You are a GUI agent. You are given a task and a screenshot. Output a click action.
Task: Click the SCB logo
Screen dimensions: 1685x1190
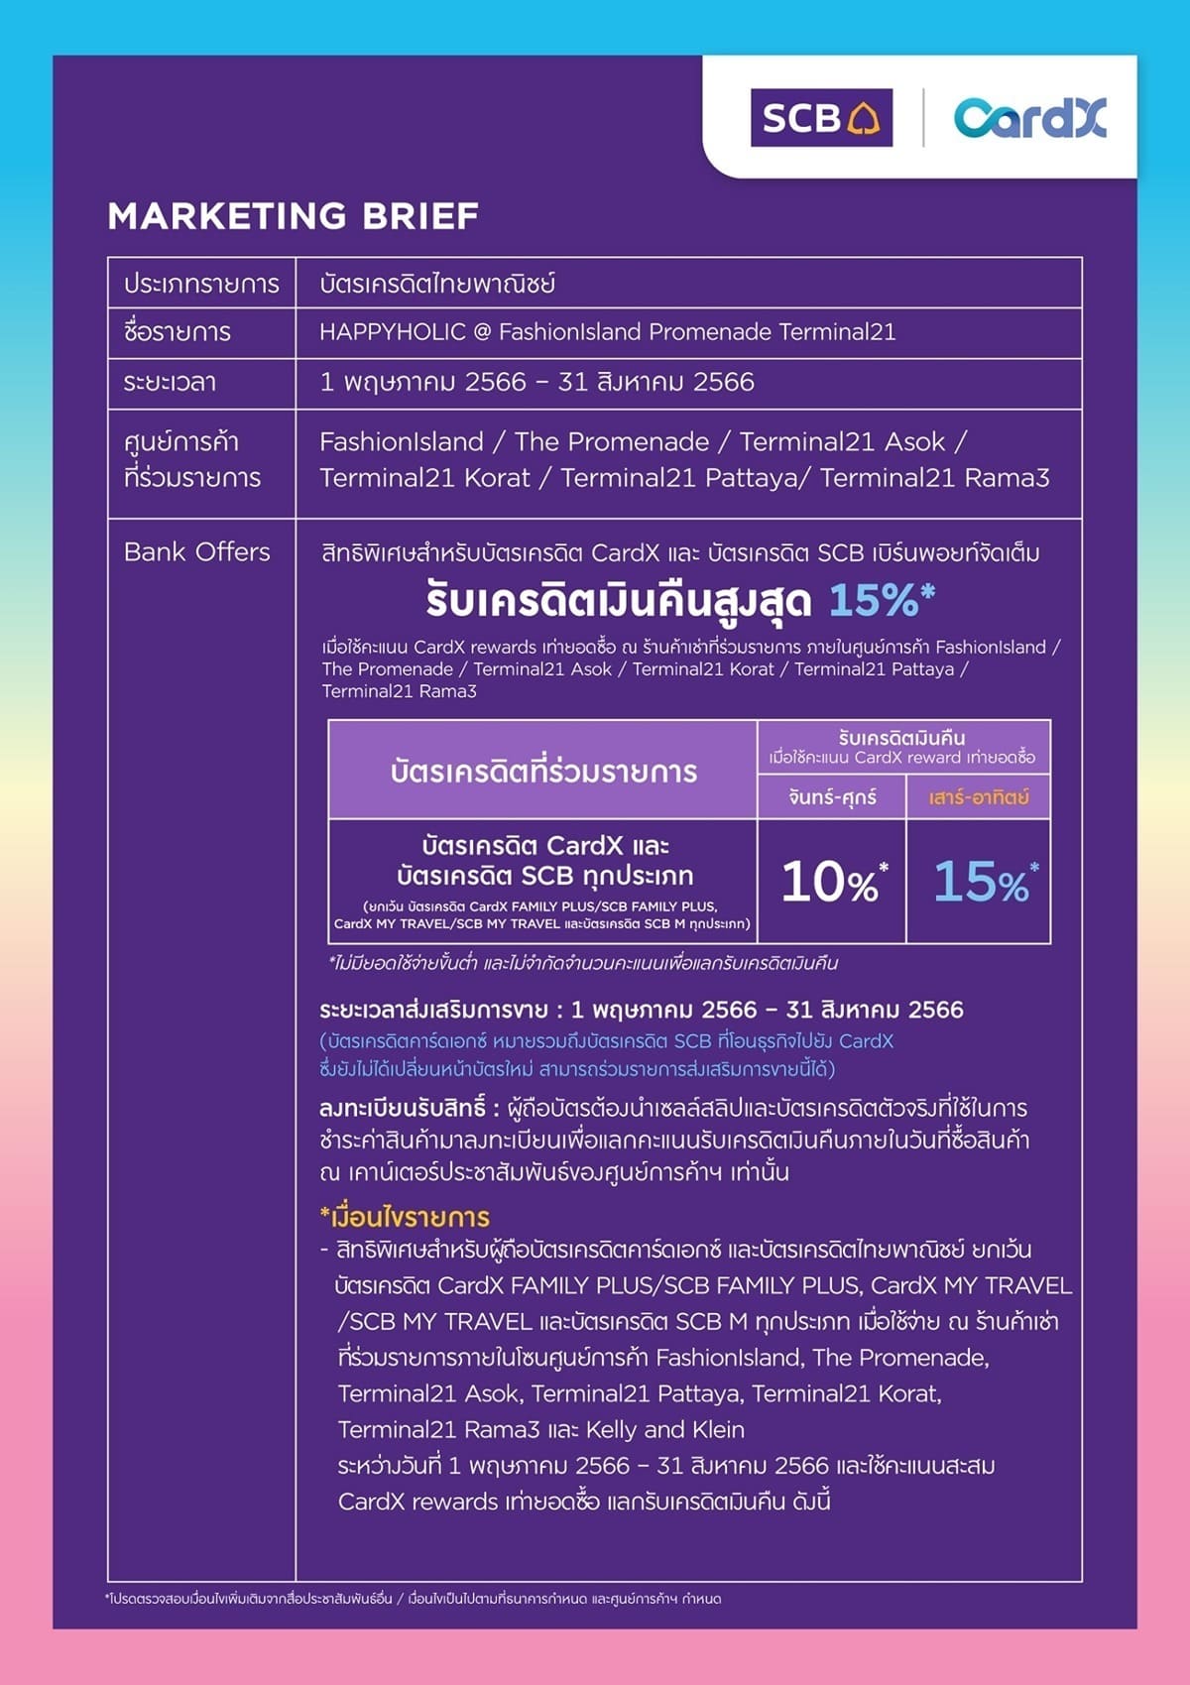pos(821,118)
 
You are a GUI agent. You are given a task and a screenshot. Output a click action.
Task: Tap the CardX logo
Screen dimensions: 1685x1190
pos(1029,118)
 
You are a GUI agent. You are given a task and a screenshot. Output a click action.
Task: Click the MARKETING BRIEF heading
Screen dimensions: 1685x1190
pos(294,216)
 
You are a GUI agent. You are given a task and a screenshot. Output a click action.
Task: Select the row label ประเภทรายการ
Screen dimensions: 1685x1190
pos(201,285)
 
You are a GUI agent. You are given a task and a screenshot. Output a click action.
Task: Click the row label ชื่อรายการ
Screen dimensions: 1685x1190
pos(178,332)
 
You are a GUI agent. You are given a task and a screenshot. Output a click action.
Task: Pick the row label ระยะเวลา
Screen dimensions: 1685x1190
pos(171,383)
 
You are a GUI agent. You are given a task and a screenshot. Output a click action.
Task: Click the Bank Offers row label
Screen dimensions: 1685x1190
pos(197,552)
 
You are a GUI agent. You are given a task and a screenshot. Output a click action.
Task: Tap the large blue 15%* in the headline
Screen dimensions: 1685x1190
pos(881,600)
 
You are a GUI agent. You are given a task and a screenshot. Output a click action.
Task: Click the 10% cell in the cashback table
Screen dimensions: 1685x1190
pos(832,882)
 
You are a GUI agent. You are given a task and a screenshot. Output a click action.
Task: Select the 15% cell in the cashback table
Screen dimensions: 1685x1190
pos(980,882)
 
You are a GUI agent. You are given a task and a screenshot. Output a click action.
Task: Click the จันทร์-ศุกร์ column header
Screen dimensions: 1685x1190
pos(832,797)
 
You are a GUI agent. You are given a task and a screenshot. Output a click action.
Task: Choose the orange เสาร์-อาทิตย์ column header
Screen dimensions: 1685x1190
pos(979,797)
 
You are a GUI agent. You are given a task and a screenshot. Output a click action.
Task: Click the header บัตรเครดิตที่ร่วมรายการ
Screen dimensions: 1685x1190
pos(543,772)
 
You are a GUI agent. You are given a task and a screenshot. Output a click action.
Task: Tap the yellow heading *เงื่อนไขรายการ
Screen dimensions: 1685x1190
pos(405,1217)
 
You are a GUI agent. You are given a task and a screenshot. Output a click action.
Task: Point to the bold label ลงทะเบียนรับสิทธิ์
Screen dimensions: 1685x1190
pos(403,1108)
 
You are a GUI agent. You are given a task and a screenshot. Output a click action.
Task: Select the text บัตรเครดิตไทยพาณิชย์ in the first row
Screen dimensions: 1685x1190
pos(437,285)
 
